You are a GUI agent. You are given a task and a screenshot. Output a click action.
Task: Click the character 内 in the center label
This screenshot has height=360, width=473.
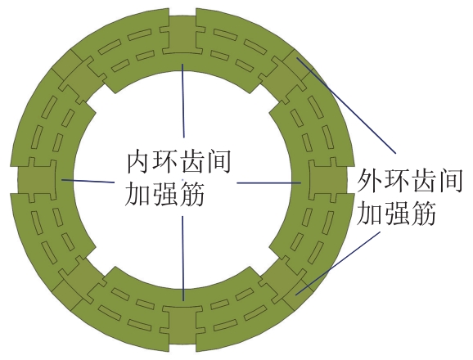pos(137,163)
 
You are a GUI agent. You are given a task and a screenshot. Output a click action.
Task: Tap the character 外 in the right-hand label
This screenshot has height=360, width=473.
pos(369,181)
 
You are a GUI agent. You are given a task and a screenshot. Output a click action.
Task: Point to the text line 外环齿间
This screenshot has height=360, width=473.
pos(410,181)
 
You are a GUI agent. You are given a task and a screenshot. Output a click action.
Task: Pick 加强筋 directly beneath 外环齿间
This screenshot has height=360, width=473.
pos(396,214)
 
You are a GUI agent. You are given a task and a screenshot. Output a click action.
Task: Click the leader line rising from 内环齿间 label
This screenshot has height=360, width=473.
pos(183,101)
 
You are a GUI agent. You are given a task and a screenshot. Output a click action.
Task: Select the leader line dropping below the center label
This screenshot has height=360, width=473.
pos(182,258)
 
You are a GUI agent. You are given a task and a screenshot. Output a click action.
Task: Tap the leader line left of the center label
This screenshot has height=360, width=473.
pos(88,181)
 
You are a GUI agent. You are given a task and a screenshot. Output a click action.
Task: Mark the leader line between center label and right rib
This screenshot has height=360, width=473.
pos(268,182)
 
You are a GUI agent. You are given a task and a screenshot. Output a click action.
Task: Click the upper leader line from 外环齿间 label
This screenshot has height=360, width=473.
pos(346,106)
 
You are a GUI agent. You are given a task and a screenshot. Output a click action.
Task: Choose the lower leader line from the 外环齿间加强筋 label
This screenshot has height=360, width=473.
pos(337,263)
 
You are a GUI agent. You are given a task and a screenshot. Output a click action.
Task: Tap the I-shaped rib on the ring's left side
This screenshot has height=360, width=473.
pos(37,180)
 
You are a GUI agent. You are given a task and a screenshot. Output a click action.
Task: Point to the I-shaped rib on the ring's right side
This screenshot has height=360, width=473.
pos(328,180)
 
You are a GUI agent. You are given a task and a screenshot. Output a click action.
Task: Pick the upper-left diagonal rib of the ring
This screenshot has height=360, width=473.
pos(79,77)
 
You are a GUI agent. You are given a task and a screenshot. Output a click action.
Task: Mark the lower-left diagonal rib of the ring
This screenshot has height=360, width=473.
pos(79,283)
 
